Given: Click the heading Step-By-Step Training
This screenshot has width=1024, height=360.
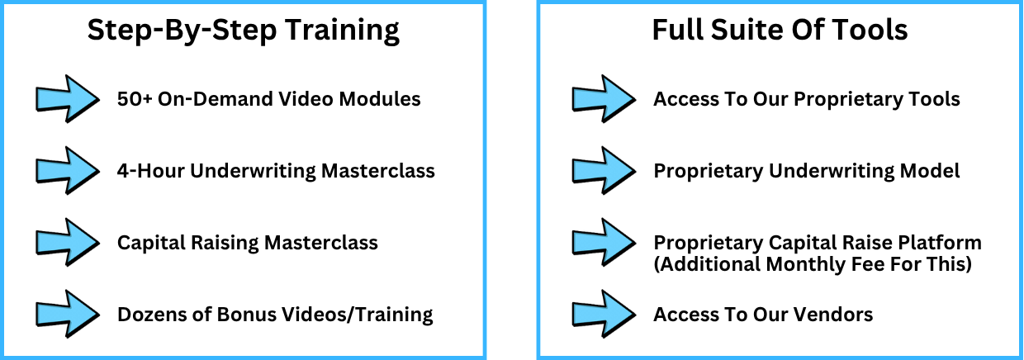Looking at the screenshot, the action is [243, 31].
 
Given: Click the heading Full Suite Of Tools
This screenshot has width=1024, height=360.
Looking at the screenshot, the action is [780, 31].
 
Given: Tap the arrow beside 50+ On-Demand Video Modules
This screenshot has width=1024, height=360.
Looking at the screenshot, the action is [67, 99].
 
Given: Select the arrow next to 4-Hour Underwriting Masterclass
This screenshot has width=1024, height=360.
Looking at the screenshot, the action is [67, 171].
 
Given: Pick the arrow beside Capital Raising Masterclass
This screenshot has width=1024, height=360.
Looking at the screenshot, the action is [67, 243].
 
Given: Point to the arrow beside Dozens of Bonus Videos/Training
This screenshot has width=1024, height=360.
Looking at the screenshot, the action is [67, 315].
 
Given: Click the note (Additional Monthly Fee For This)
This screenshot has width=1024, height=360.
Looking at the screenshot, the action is [812, 265].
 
